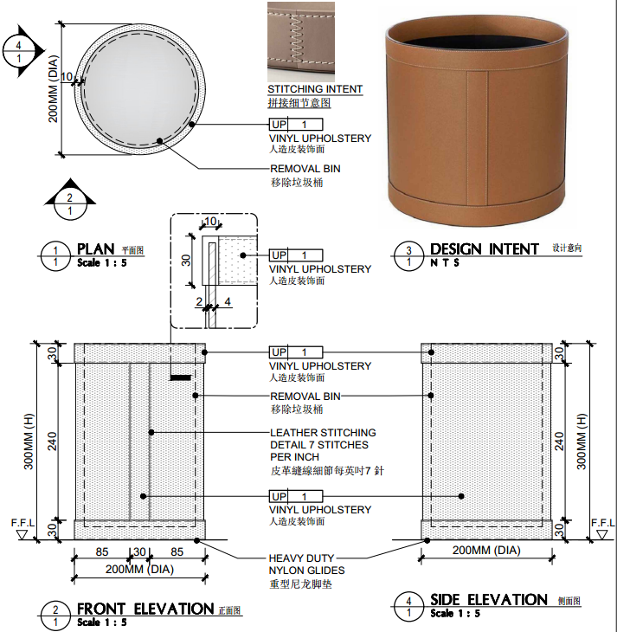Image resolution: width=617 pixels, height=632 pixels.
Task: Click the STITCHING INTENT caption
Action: (315, 89)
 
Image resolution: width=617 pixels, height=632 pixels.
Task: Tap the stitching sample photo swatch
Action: (314, 40)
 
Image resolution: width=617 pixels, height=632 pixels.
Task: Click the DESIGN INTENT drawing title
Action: (485, 249)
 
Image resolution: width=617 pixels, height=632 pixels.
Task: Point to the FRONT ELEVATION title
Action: (145, 609)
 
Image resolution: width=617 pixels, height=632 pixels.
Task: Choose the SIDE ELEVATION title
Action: (489, 600)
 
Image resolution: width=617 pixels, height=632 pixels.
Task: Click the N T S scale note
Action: (446, 263)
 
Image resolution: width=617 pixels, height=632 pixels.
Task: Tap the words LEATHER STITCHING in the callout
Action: (323, 433)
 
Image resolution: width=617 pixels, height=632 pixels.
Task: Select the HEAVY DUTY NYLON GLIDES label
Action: (306, 564)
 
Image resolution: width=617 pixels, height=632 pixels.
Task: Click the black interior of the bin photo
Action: (476, 41)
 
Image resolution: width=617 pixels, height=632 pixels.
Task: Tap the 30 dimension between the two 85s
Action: (139, 551)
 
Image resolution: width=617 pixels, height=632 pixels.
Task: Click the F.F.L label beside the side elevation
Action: (603, 523)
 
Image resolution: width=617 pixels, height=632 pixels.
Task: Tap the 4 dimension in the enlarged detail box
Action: (228, 301)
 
